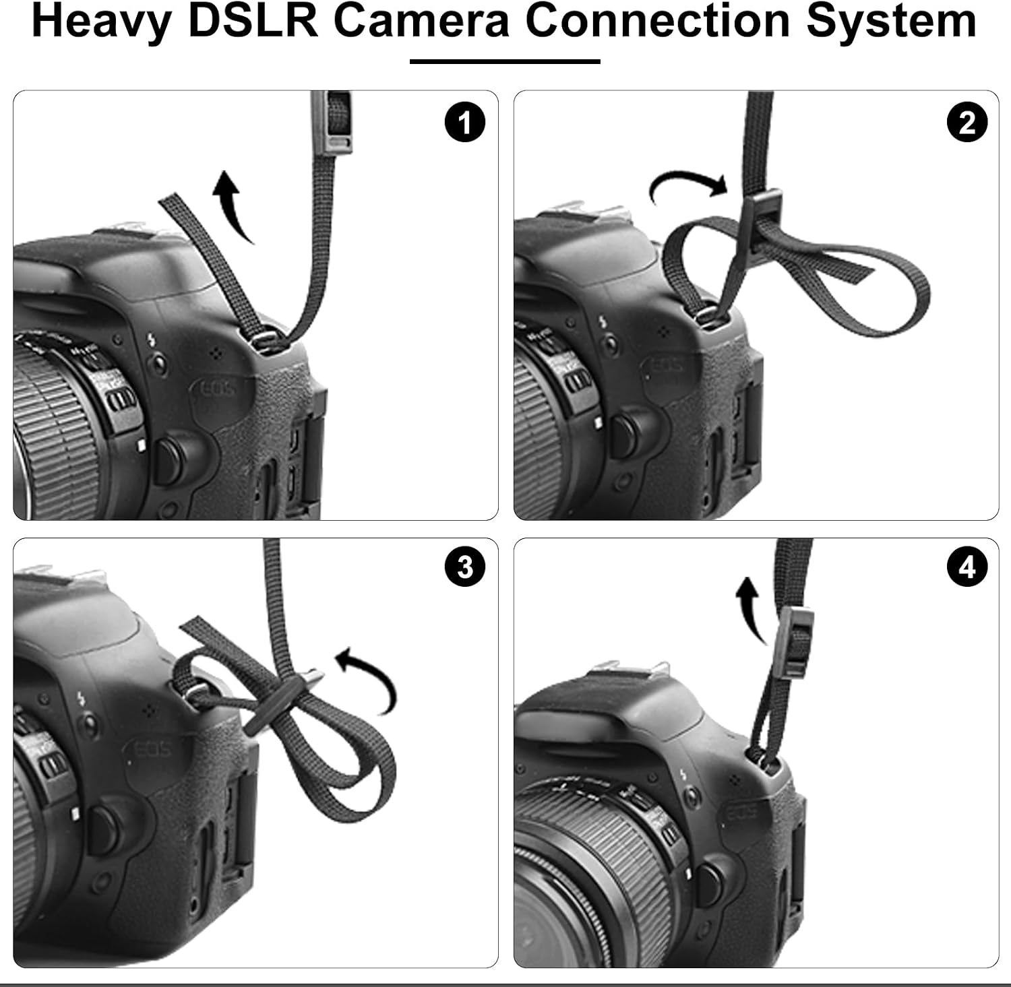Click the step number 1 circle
(x=465, y=123)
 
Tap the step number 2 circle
(x=967, y=123)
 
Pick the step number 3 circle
(x=465, y=567)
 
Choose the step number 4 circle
(x=967, y=567)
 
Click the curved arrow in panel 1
(x=233, y=202)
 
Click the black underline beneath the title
(x=505, y=61)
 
